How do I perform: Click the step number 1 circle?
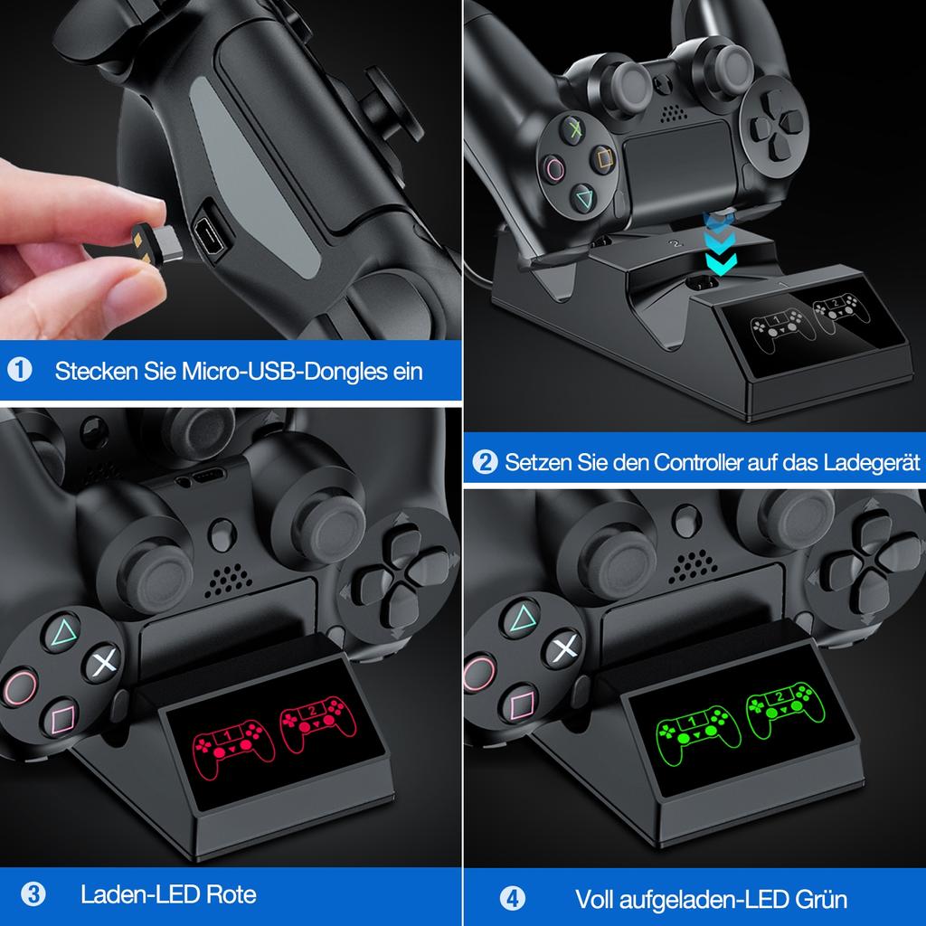[19, 370]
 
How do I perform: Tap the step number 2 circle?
[486, 463]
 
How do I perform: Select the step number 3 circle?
[33, 895]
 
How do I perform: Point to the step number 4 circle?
[513, 899]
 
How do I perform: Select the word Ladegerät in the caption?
[872, 464]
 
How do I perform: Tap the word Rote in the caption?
[231, 895]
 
